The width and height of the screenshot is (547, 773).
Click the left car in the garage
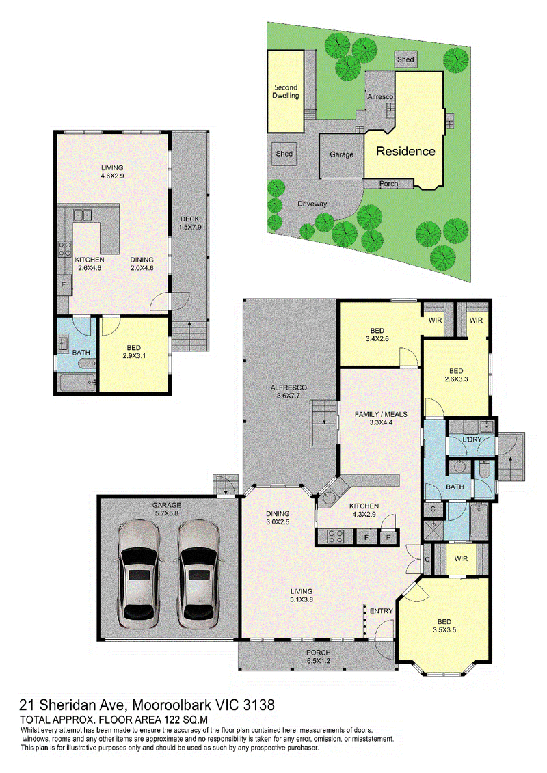[139, 574]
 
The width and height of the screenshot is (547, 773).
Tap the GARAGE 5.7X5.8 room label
[167, 509]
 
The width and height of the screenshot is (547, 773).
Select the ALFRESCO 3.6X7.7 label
[289, 392]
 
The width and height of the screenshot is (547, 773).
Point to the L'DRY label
[472, 439]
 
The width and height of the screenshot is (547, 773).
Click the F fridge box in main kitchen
[366, 537]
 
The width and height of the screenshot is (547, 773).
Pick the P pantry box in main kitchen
[388, 537]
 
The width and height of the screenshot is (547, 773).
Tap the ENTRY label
[382, 611]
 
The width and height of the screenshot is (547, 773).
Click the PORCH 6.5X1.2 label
[318, 657]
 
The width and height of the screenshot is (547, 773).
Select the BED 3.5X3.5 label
[444, 625]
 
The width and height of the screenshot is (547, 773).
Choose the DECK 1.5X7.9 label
[190, 223]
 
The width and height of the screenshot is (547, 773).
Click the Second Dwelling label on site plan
[286, 91]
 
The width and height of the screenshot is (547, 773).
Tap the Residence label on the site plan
[406, 151]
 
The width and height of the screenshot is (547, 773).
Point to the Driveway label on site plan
[312, 204]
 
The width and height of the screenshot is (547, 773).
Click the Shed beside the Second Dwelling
[284, 154]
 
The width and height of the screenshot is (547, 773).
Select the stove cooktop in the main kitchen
[336, 536]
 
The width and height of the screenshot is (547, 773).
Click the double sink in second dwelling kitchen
[82, 215]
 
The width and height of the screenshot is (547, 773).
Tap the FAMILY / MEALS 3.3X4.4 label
[381, 418]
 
